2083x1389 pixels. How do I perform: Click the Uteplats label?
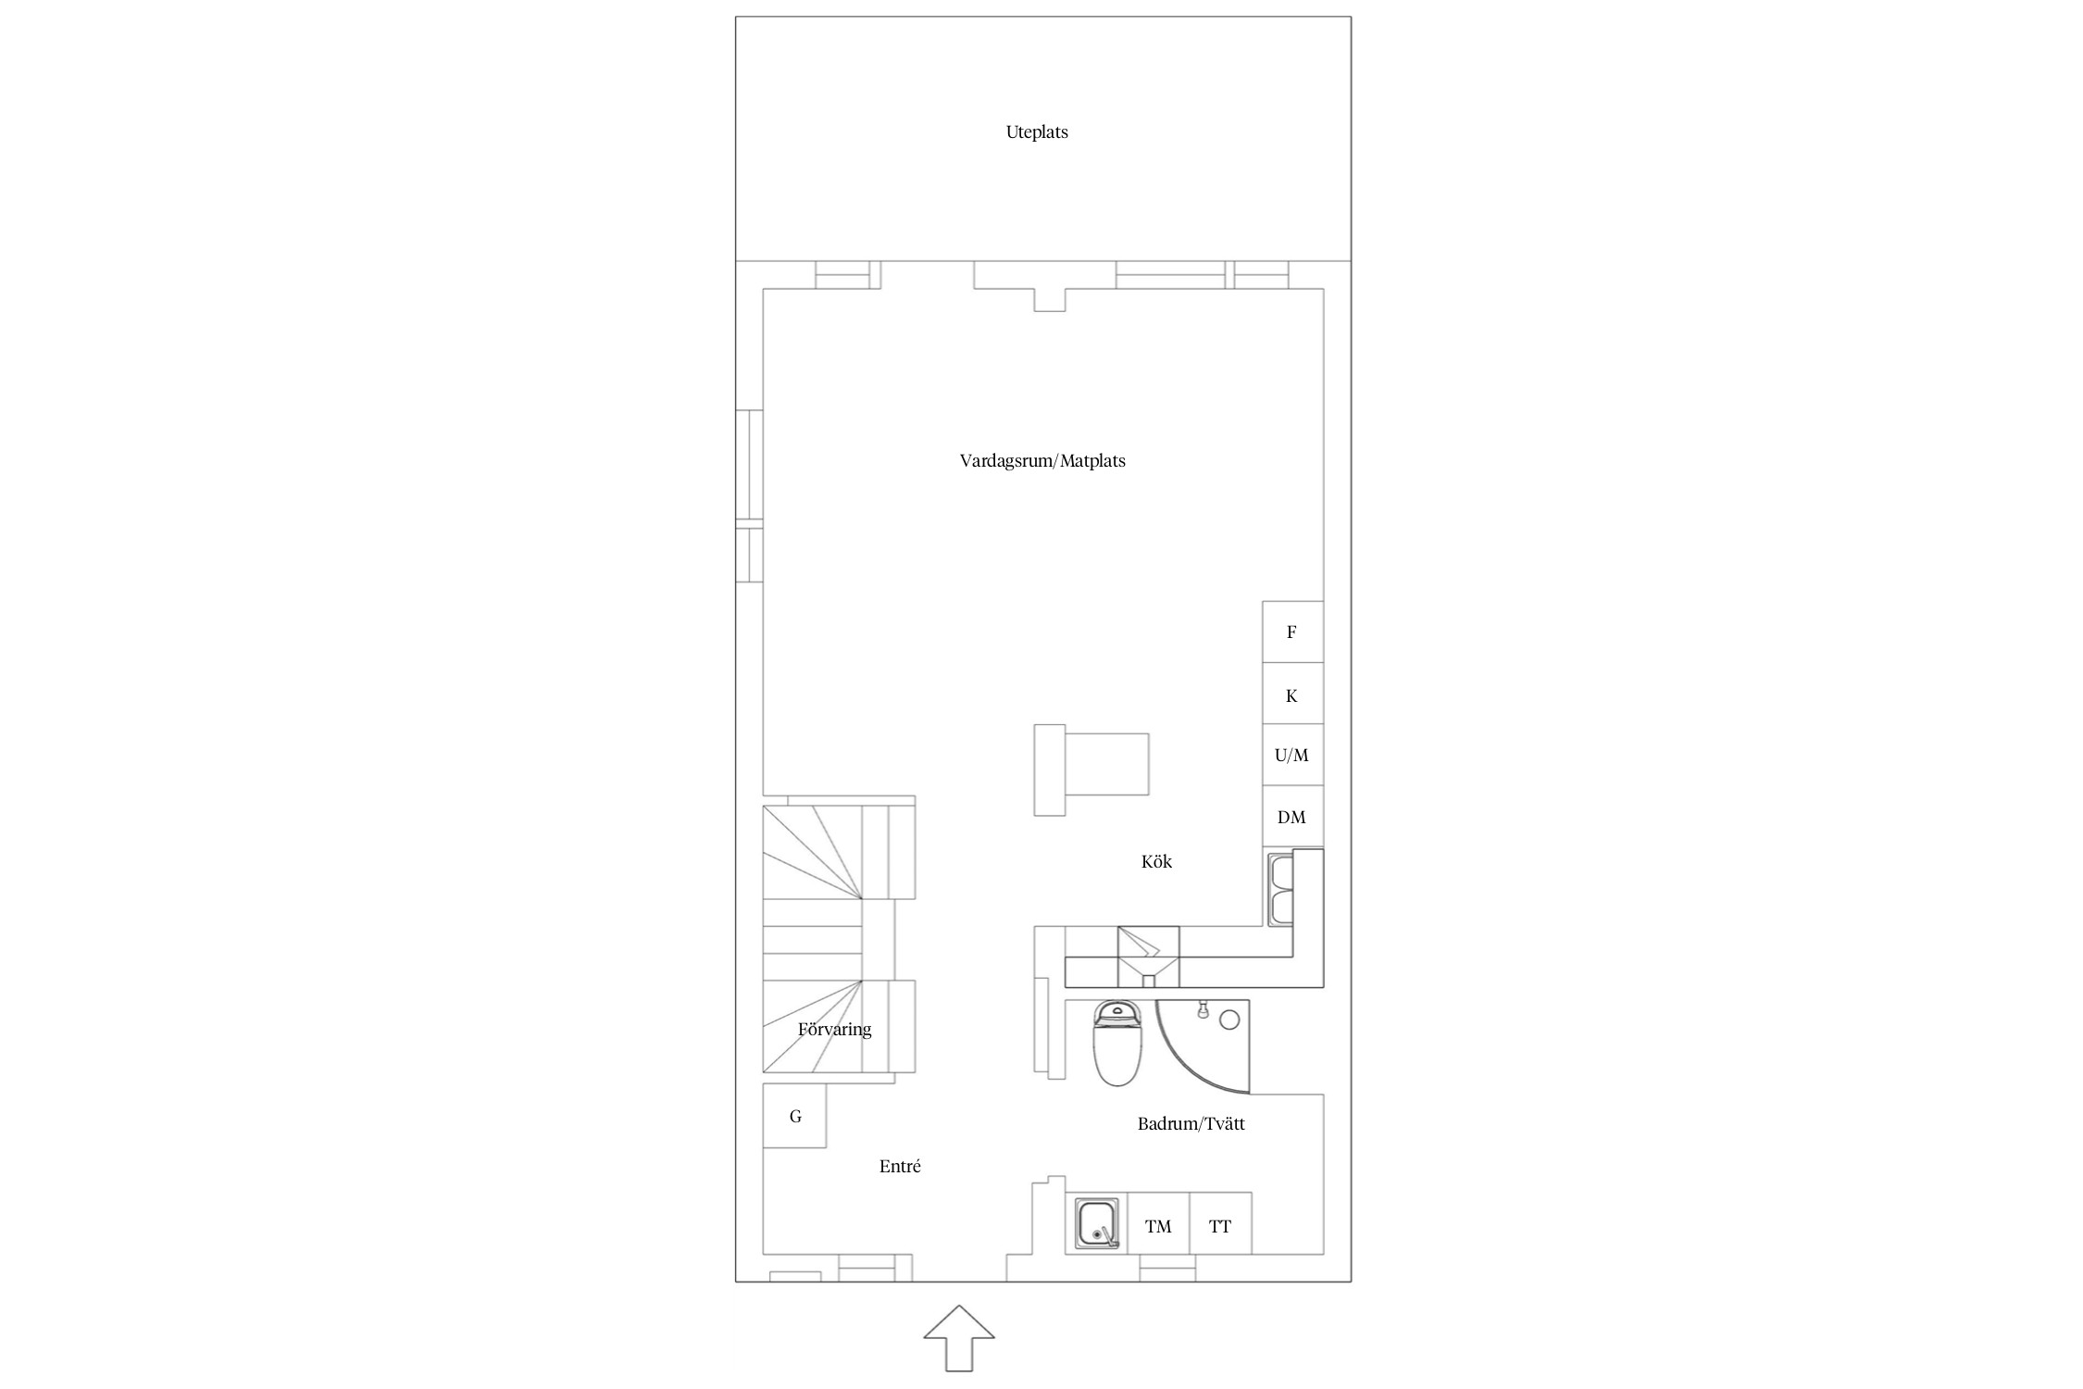[1037, 132]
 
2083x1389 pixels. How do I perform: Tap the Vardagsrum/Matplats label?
[1042, 461]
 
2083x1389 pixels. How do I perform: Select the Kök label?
[1156, 861]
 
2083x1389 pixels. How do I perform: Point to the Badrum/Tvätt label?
[1191, 1124]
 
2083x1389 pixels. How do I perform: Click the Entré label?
[900, 1167]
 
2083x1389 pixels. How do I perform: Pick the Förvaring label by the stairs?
[834, 1030]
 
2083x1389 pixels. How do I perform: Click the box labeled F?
[1292, 632]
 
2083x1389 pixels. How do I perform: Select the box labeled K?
[1292, 694]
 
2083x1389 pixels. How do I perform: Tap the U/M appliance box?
[1292, 755]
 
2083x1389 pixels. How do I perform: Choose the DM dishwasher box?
[1292, 817]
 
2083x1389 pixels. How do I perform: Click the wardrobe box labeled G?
[794, 1116]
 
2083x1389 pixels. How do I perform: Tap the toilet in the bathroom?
[1118, 1043]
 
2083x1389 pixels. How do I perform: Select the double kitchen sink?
[1281, 890]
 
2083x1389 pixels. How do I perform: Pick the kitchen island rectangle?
[1092, 770]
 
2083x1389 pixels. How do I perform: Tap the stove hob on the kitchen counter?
[1148, 957]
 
